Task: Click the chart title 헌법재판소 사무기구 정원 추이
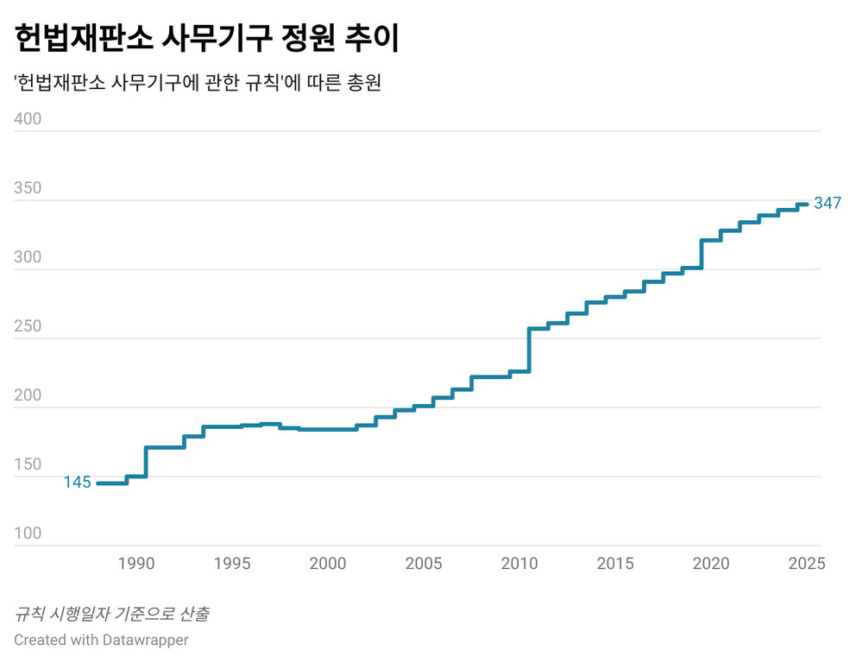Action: [206, 39]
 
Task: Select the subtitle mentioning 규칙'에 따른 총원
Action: [198, 84]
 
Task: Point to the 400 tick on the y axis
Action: [28, 119]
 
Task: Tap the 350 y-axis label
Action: [28, 188]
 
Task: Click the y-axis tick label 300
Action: [28, 257]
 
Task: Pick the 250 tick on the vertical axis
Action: [28, 326]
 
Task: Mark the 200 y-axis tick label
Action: [28, 395]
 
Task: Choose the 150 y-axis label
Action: [28, 464]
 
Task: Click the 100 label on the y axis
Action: [28, 534]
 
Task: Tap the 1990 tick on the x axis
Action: [135, 564]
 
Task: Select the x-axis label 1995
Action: [232, 564]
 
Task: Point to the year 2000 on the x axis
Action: [328, 564]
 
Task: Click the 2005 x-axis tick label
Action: [424, 564]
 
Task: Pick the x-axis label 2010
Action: [519, 564]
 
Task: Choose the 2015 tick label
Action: [615, 564]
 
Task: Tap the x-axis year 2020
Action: [711, 564]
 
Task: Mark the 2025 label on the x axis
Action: [807, 564]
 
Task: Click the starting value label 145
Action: [77, 483]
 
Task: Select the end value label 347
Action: [828, 205]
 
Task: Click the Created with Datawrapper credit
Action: [101, 640]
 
